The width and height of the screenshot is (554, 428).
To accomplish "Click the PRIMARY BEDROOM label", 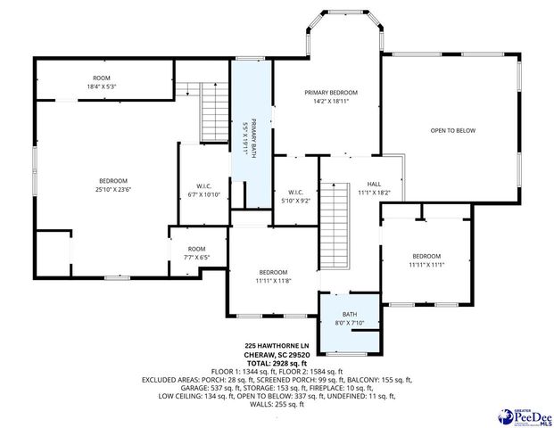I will [x=330, y=93].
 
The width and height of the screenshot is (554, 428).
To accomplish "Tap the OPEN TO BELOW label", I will [x=452, y=131].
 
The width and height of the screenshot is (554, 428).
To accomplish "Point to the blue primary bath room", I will [x=252, y=134].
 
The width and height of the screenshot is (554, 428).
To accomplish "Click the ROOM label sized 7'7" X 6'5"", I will [x=197, y=252].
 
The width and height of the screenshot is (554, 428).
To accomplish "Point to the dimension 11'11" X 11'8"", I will [x=273, y=281].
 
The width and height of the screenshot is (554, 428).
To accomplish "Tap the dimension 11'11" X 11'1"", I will [x=426, y=264].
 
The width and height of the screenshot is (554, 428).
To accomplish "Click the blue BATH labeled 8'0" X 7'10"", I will [x=349, y=317].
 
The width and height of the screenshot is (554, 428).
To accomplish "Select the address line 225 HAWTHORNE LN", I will [x=277, y=345].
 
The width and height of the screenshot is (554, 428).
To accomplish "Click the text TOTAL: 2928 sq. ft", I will [x=277, y=363].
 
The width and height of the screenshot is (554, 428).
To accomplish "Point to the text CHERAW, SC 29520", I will [x=277, y=354].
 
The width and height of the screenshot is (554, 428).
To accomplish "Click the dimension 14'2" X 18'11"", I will [x=330, y=102].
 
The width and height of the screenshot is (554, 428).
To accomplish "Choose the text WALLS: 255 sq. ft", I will [x=277, y=405].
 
